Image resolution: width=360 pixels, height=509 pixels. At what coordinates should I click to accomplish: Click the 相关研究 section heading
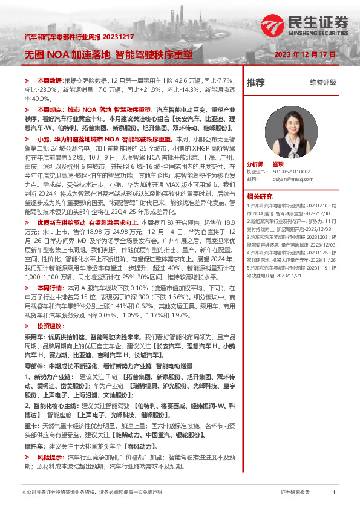pos(260,196)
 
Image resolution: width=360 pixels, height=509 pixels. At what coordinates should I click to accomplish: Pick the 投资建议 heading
pos(50,326)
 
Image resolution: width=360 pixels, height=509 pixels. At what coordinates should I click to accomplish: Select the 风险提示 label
pos(50,458)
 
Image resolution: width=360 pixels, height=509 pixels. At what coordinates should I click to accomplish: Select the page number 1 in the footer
pos(334,493)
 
